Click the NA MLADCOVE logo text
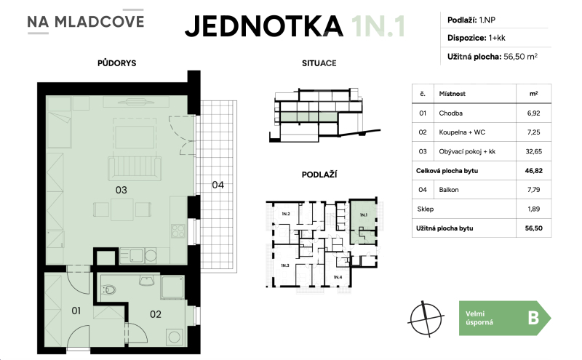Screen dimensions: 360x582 coord(85,21)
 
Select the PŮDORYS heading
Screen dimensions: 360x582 coord(117,63)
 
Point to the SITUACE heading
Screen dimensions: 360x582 coord(319,63)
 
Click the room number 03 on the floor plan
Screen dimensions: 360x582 coord(121,190)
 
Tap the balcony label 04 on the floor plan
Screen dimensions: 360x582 coord(218,185)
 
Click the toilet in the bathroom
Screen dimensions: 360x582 coord(109,290)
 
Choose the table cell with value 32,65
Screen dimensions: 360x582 coord(533,151)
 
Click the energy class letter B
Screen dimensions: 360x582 coord(533,318)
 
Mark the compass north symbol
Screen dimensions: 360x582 coord(426,317)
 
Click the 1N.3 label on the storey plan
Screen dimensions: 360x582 coord(284,266)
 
